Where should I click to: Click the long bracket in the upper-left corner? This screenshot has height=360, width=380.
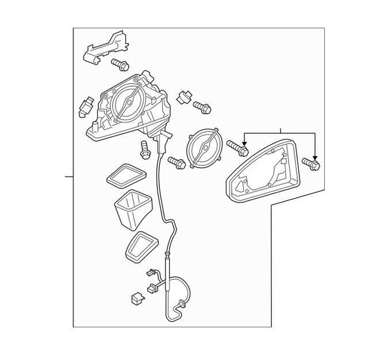point(105,47)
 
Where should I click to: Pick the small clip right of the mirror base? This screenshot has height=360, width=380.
point(183,96)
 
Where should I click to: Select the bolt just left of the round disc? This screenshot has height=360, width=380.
point(176,163)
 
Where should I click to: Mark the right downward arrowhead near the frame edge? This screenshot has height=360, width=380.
point(315,156)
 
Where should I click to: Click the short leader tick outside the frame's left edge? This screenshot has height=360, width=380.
point(69,176)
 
